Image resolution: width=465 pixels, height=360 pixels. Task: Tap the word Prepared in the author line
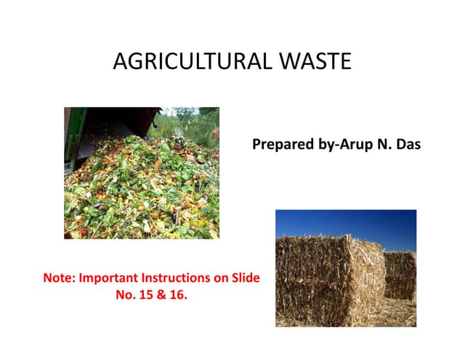click(281, 145)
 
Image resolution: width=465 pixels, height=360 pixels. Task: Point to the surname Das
click(408, 145)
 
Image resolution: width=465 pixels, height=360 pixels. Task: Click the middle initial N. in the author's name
click(383, 145)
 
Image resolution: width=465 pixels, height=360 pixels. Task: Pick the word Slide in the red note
click(244, 279)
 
